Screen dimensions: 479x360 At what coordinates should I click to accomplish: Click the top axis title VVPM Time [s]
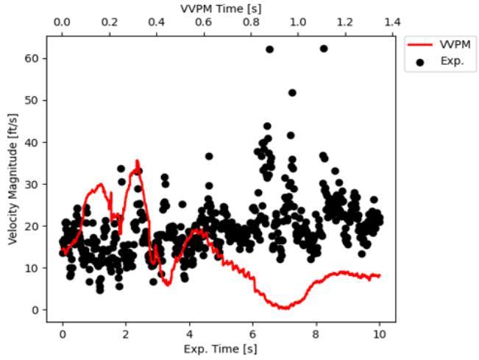(x=221, y=9)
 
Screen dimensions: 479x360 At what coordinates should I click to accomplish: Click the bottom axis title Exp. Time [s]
(x=220, y=349)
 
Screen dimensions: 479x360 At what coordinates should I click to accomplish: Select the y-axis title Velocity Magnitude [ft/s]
(x=13, y=180)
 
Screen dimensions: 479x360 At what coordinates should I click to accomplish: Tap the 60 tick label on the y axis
(x=32, y=58)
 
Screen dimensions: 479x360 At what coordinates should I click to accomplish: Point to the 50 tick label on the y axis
(x=32, y=100)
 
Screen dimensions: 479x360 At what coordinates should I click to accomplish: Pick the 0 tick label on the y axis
(x=35, y=310)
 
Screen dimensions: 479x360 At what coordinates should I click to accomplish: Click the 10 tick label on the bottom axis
(x=379, y=334)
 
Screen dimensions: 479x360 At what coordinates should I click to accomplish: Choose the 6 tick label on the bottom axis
(x=252, y=334)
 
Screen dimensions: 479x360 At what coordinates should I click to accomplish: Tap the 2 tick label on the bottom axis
(x=126, y=334)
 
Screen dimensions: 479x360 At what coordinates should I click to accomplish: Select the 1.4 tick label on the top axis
(x=392, y=22)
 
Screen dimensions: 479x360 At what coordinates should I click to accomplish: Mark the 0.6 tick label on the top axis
(x=204, y=22)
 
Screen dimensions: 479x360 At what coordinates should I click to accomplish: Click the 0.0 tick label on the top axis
(x=62, y=22)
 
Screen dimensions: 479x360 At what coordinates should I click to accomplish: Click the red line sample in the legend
(x=420, y=45)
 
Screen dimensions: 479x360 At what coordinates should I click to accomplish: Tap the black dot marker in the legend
(x=420, y=63)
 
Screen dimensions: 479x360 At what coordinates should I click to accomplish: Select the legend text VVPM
(x=455, y=45)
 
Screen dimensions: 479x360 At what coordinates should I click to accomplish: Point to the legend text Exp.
(x=452, y=61)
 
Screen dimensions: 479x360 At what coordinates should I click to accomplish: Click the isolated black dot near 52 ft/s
(x=292, y=93)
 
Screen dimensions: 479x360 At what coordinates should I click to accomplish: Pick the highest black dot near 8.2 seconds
(x=324, y=49)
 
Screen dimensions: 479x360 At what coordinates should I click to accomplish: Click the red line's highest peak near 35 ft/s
(x=137, y=160)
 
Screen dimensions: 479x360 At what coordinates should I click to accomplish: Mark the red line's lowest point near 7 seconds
(x=285, y=308)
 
